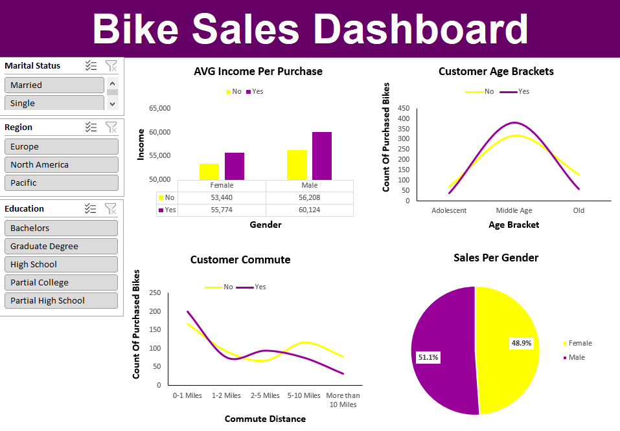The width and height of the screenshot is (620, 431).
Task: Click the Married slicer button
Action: coord(54,85)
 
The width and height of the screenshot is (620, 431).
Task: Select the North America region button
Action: coord(62,164)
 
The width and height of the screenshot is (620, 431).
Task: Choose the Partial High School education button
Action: coord(61,300)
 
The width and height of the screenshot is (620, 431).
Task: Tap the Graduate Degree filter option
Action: coord(61,246)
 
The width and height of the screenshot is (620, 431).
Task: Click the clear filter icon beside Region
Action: coord(111,127)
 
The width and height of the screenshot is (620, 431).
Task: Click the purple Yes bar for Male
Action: coord(321,156)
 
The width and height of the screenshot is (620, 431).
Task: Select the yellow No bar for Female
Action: coord(209,171)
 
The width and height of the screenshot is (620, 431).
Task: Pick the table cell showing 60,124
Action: coord(310,210)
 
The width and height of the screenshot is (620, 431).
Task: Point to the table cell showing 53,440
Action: coord(221,197)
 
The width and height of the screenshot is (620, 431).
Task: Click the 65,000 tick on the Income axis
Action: coord(159,108)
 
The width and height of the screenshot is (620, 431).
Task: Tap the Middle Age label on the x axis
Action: coord(514,210)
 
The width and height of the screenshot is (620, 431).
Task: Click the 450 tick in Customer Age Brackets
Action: coord(404,108)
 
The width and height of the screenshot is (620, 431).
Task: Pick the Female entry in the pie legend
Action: coord(580,343)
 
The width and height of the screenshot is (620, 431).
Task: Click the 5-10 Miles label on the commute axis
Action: coord(303,395)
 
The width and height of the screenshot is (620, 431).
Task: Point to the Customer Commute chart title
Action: coord(240,260)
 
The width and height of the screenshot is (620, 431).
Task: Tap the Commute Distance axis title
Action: coord(265,419)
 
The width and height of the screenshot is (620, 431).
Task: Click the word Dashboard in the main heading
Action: coord(420,29)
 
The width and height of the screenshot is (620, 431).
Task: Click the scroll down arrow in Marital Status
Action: coord(112,103)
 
